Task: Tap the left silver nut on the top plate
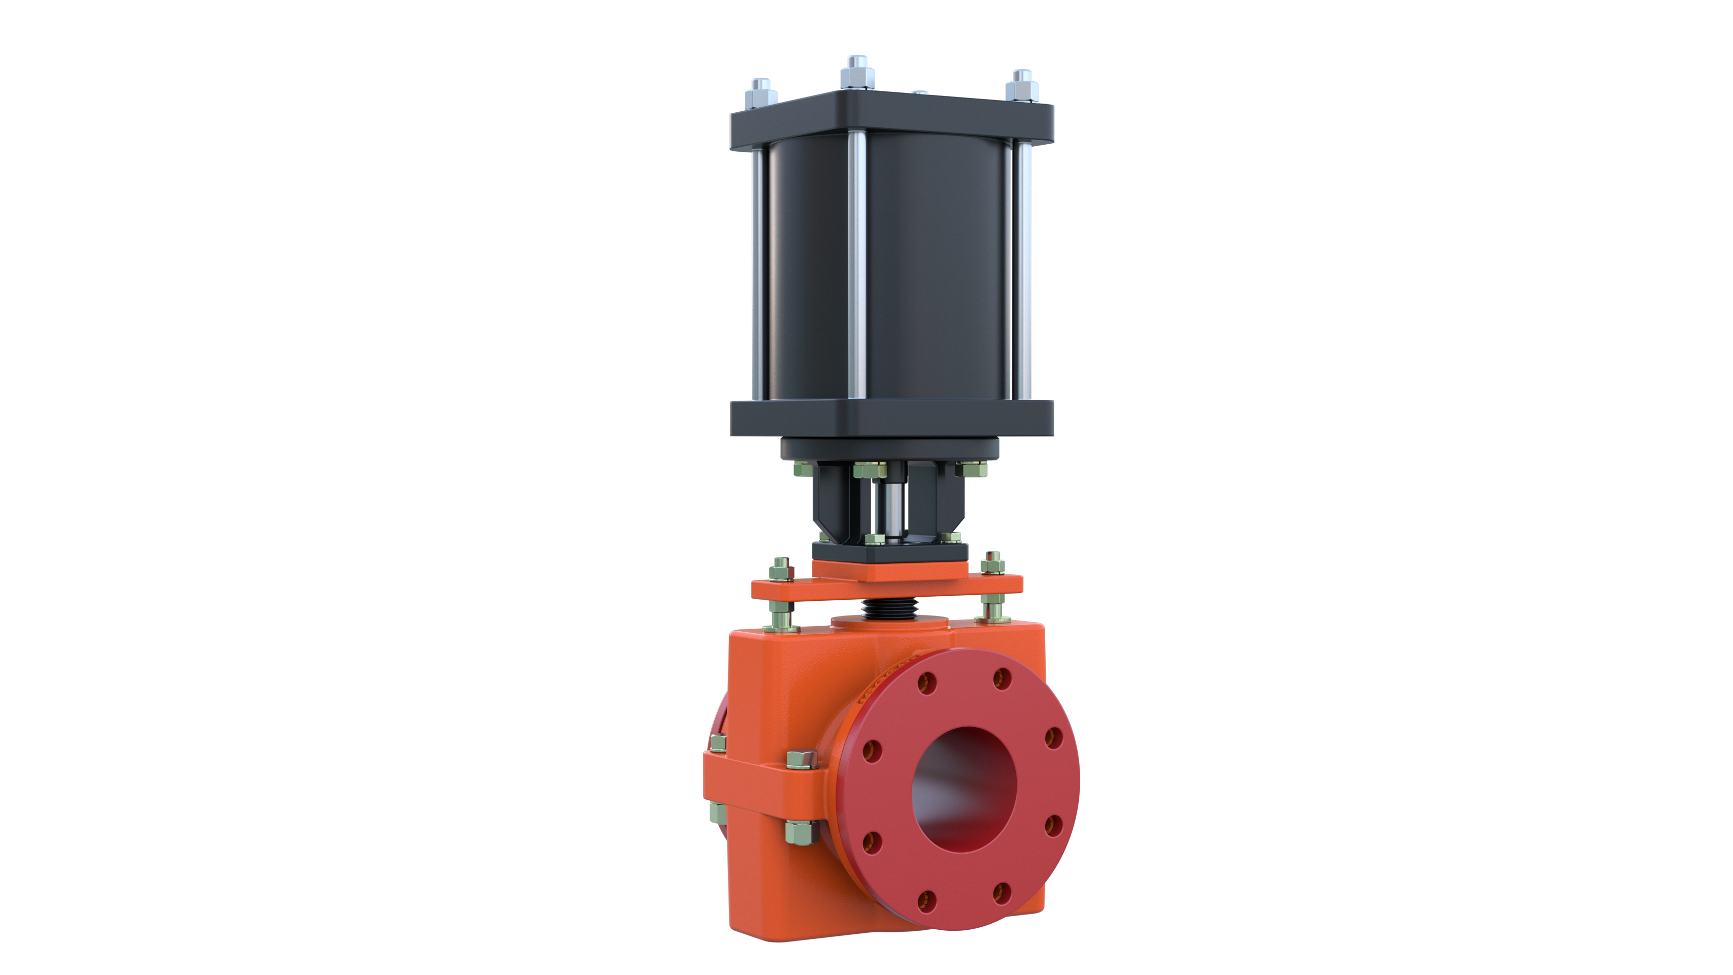point(761,96)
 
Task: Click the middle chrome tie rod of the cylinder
point(857,269)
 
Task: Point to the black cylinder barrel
point(935,269)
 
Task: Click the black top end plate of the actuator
point(891,124)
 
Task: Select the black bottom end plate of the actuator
point(891,418)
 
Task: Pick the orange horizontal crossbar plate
point(888,586)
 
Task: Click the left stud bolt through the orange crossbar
point(781,592)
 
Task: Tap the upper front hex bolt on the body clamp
point(801,760)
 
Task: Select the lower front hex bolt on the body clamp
point(801,832)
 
